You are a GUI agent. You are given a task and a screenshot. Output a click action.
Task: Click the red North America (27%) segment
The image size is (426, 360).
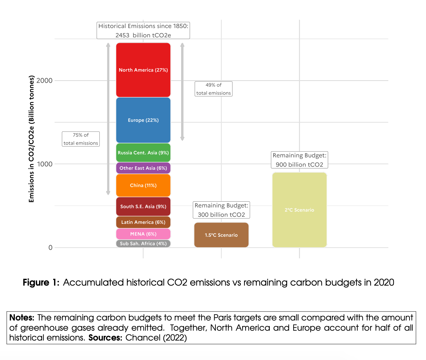point(143,70)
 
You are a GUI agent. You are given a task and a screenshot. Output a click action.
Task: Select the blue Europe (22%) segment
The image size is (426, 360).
point(143,120)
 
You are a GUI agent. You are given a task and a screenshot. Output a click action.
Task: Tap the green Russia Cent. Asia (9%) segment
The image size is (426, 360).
point(143,153)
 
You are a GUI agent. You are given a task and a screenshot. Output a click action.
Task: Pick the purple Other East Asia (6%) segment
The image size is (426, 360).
point(143,168)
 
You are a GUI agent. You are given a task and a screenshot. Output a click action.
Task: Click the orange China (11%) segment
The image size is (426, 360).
point(143,185)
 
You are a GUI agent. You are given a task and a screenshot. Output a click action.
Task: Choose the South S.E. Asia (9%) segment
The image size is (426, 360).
point(143,206)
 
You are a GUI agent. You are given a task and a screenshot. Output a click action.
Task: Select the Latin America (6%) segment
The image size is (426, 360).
point(143,222)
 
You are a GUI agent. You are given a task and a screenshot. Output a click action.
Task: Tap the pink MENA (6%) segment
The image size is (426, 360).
point(143,234)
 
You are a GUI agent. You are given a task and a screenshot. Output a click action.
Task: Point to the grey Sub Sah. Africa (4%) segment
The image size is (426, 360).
point(143,243)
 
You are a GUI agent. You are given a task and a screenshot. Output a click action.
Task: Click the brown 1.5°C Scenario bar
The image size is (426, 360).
point(221,235)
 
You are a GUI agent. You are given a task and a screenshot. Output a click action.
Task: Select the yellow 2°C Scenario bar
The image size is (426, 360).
point(299,210)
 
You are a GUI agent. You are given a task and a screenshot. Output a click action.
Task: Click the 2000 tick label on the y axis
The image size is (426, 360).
point(44,81)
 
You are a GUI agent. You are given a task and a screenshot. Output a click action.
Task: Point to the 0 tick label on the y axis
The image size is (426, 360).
point(50,248)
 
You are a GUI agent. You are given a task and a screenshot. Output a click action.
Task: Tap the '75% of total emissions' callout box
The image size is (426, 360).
point(81,139)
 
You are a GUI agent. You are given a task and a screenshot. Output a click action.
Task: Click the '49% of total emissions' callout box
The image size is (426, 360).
point(214,89)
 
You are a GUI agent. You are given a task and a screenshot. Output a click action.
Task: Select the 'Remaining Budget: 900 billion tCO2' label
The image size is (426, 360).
point(299,160)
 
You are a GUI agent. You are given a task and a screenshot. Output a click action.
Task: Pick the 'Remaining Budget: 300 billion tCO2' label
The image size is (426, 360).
point(221,210)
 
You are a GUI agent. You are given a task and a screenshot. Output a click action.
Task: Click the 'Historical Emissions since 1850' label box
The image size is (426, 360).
point(143,30)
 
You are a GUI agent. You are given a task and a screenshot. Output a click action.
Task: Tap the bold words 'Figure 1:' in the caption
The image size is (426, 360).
point(41,283)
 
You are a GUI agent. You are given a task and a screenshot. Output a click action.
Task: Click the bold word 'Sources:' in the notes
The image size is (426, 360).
point(105,338)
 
